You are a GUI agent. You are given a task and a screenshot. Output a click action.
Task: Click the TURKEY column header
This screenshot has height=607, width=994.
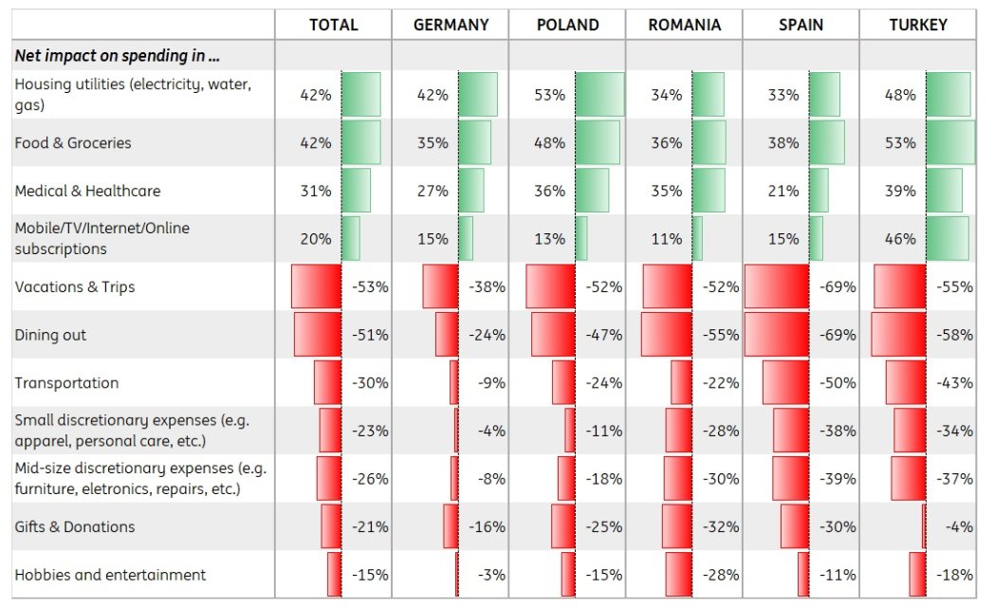click(917, 25)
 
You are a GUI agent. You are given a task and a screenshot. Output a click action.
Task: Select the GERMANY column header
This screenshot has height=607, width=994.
click(450, 25)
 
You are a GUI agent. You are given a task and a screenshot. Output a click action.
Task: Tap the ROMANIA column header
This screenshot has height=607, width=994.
click(684, 25)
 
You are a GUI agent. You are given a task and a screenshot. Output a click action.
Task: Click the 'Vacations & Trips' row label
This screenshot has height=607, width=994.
click(75, 286)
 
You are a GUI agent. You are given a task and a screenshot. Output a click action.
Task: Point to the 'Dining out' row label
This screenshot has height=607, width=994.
click(50, 335)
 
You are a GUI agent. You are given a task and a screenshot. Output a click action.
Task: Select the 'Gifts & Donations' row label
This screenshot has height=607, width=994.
click(75, 526)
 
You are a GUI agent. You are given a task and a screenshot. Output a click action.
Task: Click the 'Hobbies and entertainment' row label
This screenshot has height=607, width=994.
click(110, 575)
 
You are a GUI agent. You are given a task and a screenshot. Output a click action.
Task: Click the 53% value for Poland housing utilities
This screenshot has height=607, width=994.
click(549, 95)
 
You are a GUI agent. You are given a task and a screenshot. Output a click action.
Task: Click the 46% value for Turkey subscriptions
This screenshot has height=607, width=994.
click(900, 239)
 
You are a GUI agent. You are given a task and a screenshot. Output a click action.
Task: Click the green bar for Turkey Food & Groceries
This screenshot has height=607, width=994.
click(949, 142)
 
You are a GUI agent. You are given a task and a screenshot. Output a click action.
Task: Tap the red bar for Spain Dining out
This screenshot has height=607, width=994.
click(777, 335)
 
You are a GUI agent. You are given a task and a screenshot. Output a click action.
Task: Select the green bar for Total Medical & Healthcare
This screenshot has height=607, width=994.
click(356, 190)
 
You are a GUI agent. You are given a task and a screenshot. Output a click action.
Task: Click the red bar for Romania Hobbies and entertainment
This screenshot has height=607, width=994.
click(679, 575)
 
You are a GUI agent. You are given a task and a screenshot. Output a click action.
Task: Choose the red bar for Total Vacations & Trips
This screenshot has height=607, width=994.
click(316, 286)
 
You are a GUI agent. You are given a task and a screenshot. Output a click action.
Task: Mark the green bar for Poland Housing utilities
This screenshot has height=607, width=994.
click(599, 95)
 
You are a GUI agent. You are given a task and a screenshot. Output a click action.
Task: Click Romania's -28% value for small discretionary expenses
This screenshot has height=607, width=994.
click(721, 431)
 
